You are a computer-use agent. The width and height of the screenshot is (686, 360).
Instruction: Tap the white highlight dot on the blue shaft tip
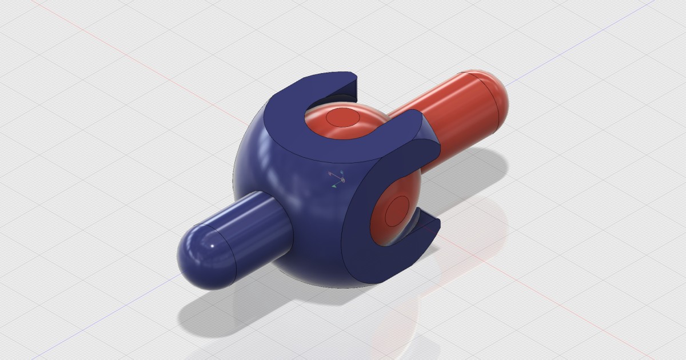pyautogui.click(x=213, y=246)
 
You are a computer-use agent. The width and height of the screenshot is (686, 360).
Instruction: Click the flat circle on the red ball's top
pyautogui.click(x=342, y=118)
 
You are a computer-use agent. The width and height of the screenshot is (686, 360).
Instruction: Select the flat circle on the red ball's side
pyautogui.click(x=397, y=213)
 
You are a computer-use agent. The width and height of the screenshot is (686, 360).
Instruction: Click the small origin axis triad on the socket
pyautogui.click(x=337, y=179)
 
